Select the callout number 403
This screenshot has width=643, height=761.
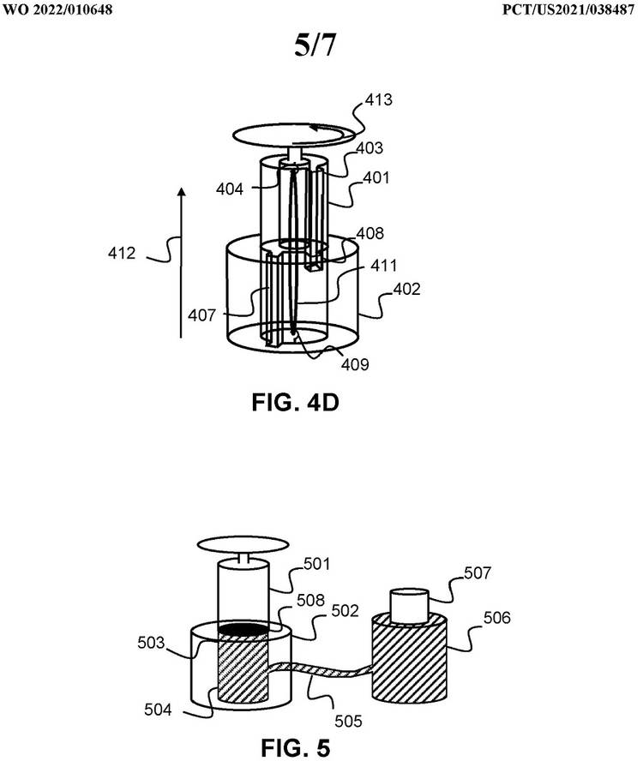[370, 148]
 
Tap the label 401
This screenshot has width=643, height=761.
[375, 178]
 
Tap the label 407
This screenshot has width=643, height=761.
[203, 316]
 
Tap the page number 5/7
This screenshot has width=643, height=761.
[315, 47]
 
